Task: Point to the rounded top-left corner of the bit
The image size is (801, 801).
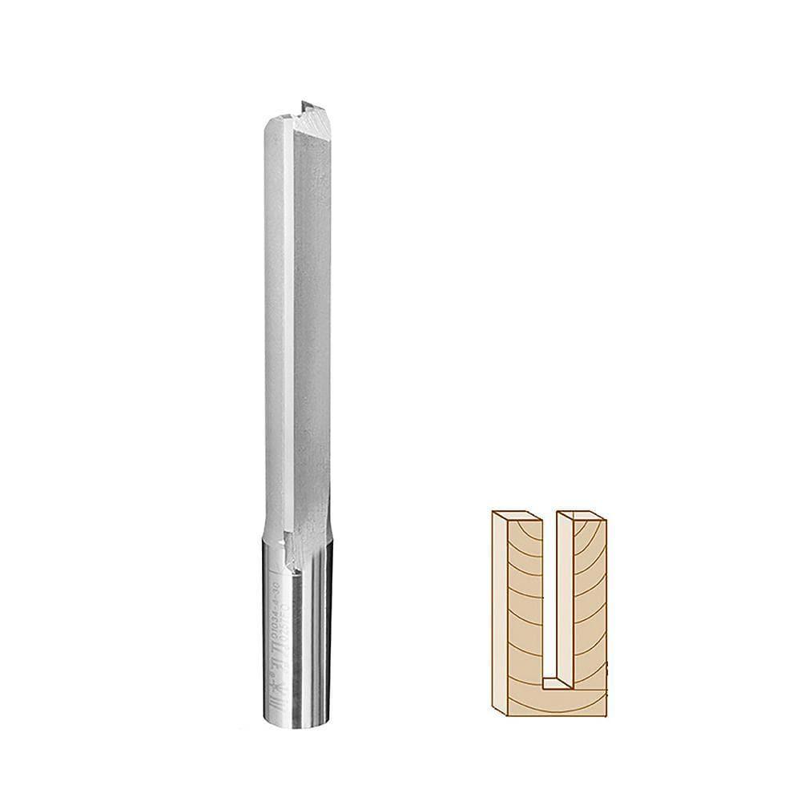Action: click(268, 123)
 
